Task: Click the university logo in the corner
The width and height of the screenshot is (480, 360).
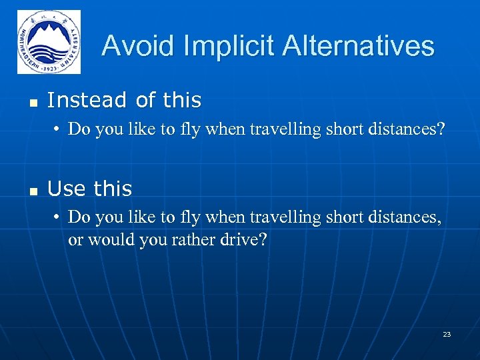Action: point(49,42)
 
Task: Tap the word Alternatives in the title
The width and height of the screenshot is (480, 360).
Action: point(358,46)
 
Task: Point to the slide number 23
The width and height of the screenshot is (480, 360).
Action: point(447,334)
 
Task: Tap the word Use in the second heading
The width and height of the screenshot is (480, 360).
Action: point(63,189)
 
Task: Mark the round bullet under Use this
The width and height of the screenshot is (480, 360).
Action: point(59,217)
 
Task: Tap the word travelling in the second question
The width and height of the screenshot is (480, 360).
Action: point(285,217)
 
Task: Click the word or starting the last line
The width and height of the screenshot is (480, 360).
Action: point(75,239)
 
